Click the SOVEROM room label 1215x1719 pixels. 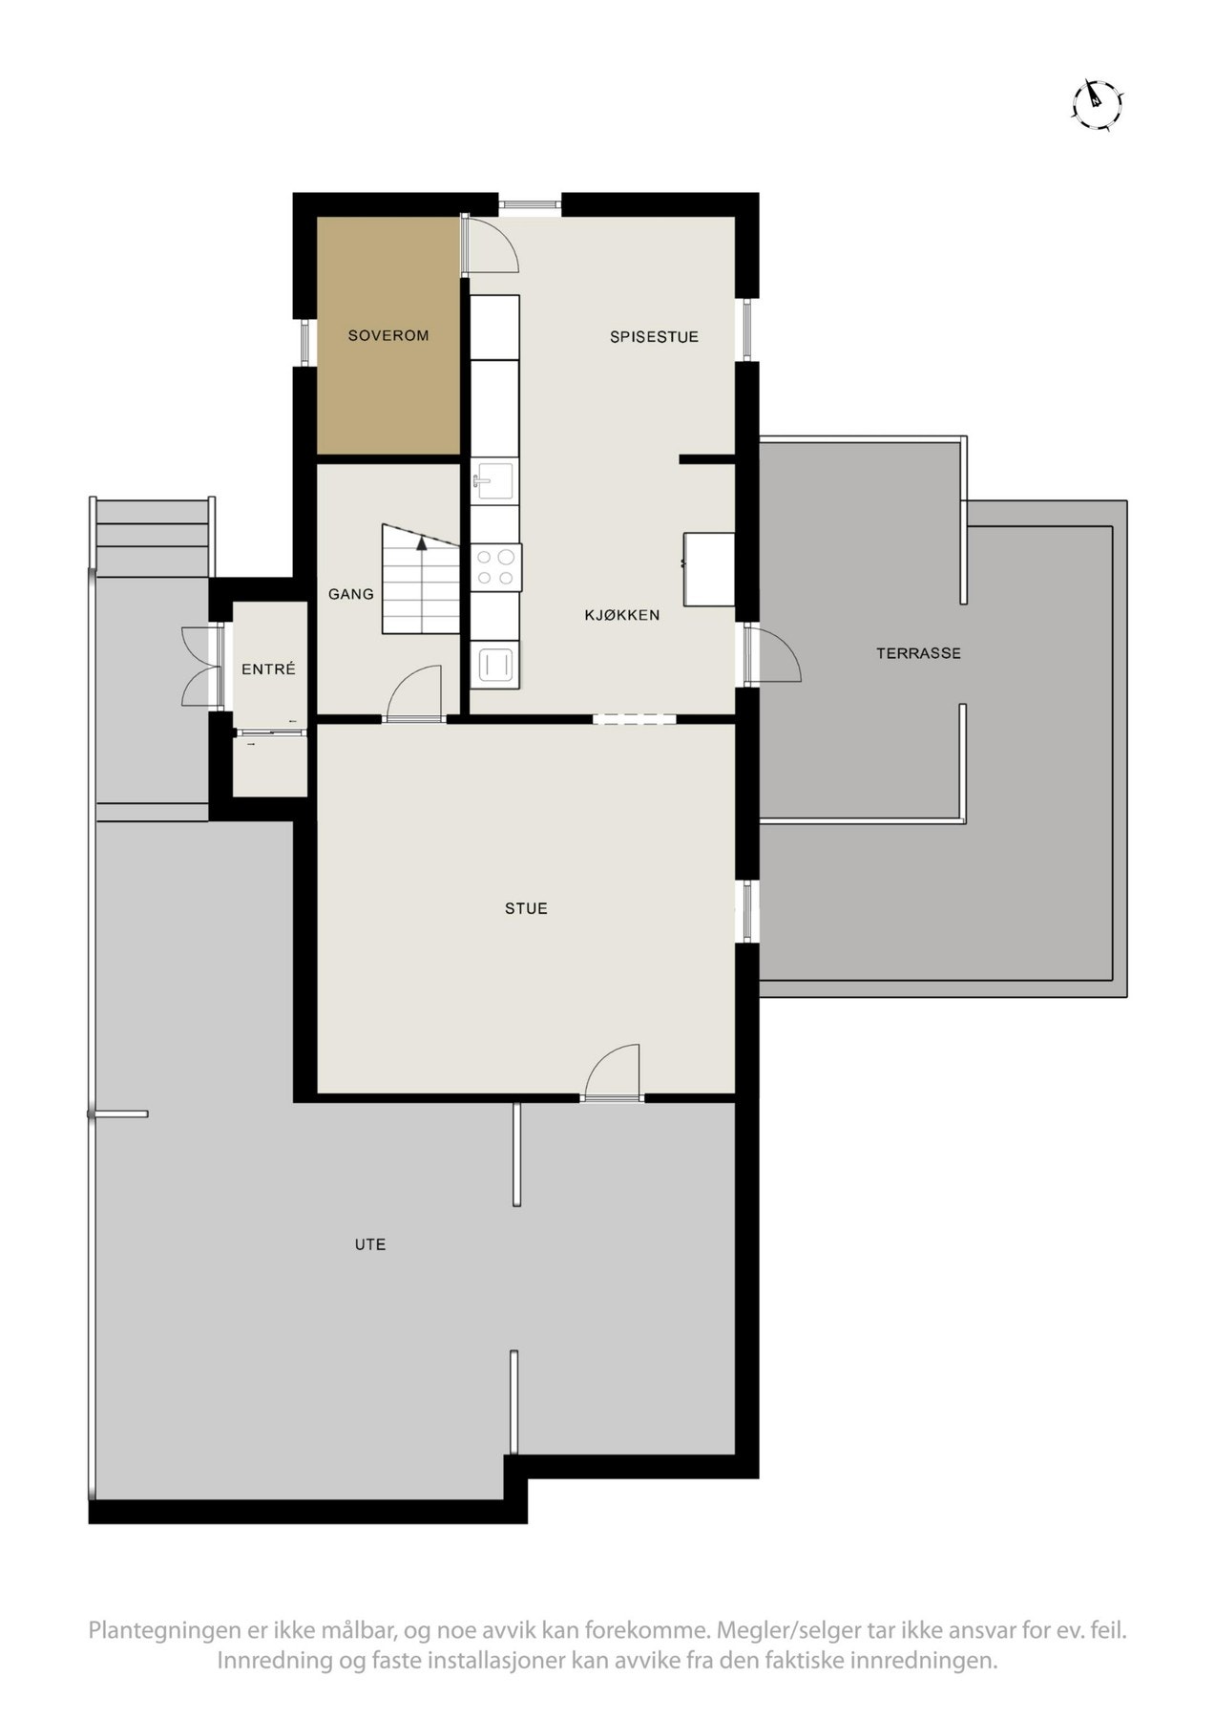tap(388, 336)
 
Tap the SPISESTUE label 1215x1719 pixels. tap(654, 337)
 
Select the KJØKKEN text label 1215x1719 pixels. tap(621, 616)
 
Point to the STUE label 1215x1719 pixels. tap(526, 909)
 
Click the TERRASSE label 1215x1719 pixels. tap(918, 654)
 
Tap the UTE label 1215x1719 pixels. tap(369, 1245)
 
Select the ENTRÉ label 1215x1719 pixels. tap(268, 670)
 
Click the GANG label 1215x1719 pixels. tap(350, 595)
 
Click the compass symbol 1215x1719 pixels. tap(1097, 103)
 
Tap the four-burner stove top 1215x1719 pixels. tap(496, 566)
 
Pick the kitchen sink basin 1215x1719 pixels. tap(494, 479)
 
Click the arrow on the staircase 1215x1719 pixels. tap(421, 544)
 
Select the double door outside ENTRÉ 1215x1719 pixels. tap(203, 666)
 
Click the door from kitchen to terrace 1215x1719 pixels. tap(770, 655)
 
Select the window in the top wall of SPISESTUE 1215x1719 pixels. tap(530, 203)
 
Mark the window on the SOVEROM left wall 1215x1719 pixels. tap(304, 341)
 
